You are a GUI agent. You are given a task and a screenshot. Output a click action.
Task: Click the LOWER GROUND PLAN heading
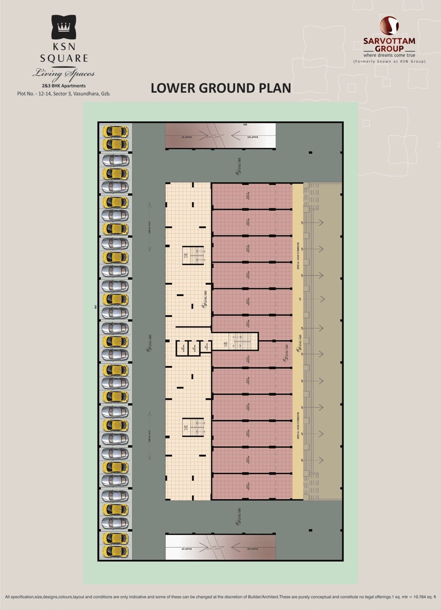point(220,88)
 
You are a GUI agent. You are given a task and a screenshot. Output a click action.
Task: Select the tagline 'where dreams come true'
point(389,55)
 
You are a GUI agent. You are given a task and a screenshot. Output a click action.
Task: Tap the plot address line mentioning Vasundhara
point(64,94)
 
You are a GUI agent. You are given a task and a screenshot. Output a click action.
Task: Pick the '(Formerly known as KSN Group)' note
point(389,61)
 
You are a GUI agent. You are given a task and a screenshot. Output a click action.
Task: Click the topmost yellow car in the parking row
point(115,132)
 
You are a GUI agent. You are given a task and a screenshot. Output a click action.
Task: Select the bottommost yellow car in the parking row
point(115,551)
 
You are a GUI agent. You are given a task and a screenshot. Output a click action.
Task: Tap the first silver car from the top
point(115,160)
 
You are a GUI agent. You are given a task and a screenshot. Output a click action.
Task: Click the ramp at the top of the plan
point(220,136)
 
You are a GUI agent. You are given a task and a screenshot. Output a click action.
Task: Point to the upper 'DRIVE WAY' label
point(150,226)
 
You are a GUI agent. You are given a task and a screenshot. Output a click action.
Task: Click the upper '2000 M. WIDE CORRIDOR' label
point(299,256)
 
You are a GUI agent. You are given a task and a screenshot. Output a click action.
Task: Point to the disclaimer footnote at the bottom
point(220,597)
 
